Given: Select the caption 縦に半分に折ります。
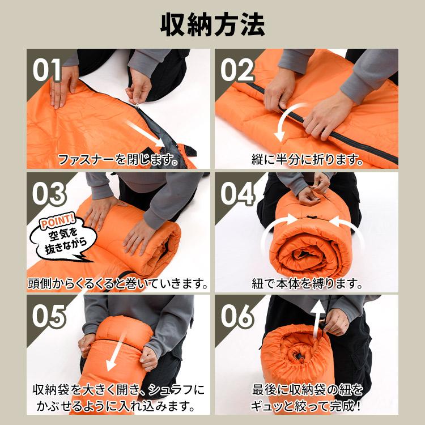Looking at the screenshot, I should pos(308,160).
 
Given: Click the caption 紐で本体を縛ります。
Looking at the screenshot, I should pos(308,283).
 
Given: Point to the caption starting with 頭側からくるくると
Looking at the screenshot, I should pos(118,283).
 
